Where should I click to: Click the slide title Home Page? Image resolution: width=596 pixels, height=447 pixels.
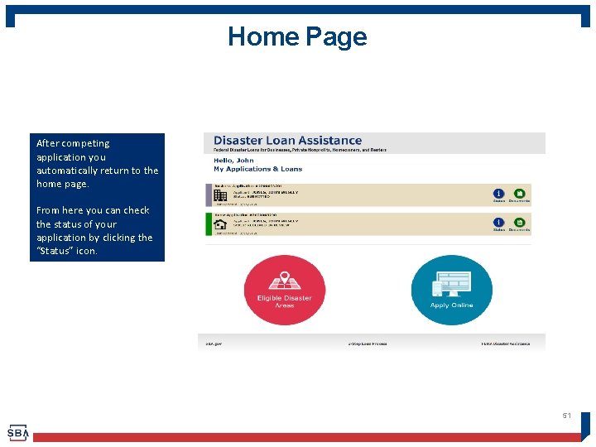(x=297, y=36)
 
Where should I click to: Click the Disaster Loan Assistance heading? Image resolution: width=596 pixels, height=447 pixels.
(x=287, y=141)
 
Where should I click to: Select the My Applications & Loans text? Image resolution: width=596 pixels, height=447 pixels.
(x=257, y=169)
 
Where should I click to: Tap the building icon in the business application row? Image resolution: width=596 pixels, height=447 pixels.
(x=220, y=195)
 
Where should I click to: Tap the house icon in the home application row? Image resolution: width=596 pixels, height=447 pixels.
(x=220, y=224)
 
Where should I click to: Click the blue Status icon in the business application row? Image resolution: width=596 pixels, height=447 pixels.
(x=498, y=193)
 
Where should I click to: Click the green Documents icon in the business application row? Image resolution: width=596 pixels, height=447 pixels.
(x=519, y=193)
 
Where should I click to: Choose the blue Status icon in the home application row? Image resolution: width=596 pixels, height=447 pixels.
(x=498, y=222)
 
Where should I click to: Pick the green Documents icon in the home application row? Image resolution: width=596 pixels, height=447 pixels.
(x=519, y=222)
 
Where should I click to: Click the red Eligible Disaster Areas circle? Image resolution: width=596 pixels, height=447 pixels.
(x=284, y=291)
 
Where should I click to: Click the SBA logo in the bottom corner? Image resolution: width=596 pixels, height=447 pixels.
(x=17, y=433)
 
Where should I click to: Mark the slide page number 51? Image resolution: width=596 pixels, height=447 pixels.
(x=567, y=416)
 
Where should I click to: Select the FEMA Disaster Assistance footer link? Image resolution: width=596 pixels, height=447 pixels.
(x=506, y=344)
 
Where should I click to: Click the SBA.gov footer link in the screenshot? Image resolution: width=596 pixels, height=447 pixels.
(x=214, y=344)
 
